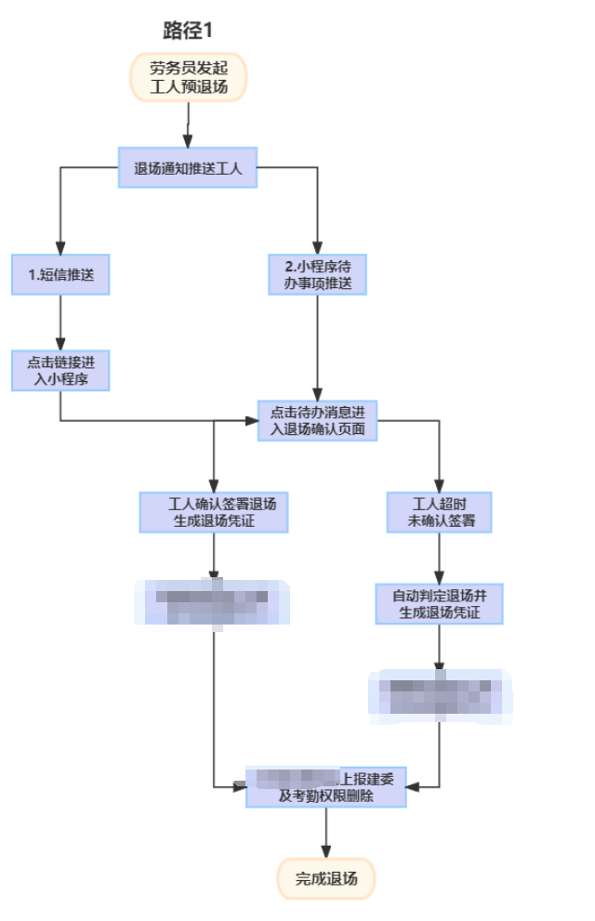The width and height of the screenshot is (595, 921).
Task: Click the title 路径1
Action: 188,30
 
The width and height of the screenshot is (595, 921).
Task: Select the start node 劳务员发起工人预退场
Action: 189,79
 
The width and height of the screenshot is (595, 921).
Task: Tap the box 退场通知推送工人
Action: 187,168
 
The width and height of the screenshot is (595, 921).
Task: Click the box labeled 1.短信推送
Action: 60,274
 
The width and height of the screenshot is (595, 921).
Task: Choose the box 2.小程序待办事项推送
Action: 318,274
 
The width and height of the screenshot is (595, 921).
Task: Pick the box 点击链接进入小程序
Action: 60,369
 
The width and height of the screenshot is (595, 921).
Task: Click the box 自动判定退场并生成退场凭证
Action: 439,604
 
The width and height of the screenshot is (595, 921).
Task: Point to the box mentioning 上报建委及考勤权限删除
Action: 326,786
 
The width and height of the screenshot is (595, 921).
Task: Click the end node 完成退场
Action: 325,877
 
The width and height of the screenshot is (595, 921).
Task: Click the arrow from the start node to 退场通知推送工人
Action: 189,125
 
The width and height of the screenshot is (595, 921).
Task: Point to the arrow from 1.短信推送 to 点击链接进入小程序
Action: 60,322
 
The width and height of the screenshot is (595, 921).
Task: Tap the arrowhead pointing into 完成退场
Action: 326,850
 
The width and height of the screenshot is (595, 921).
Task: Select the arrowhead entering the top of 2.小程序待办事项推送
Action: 318,246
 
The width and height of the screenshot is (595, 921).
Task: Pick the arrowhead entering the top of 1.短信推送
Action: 60,246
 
